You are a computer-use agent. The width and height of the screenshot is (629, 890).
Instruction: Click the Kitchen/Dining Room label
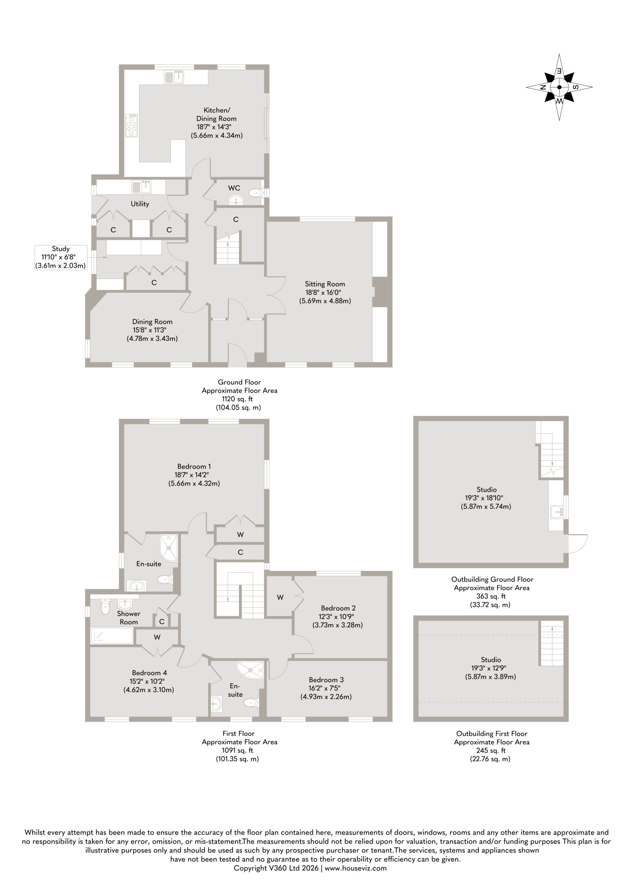point(216,114)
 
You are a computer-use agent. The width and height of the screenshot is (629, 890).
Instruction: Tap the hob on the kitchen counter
point(132,125)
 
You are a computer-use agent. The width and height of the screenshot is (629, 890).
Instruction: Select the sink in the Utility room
point(141,187)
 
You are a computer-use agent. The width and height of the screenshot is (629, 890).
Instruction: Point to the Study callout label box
point(61,257)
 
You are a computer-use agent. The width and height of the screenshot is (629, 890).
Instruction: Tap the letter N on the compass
point(543,87)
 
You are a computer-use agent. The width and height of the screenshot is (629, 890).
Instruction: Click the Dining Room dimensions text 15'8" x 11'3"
point(152,330)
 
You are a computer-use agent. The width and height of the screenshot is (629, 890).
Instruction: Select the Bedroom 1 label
point(194,466)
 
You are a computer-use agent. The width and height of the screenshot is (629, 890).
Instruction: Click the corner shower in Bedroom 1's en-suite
point(169,547)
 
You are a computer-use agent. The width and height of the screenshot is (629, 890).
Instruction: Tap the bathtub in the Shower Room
point(112,636)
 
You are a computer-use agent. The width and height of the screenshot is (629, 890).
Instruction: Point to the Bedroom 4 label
point(149,672)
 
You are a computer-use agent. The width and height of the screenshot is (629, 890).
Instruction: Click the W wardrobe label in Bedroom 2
point(280,597)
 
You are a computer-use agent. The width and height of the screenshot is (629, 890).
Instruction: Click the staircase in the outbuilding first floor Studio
point(551,643)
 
